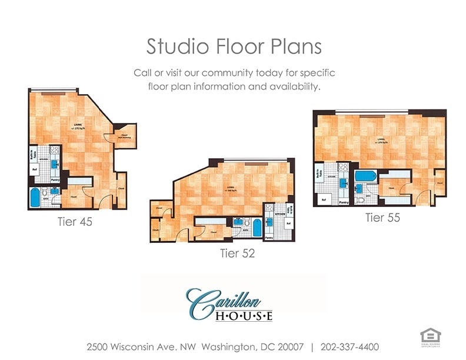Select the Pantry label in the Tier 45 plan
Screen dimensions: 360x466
tap(55, 180)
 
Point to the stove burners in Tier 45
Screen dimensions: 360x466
tap(55, 149)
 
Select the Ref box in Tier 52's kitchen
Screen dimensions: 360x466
tap(288, 224)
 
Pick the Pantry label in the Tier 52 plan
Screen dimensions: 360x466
tap(269, 238)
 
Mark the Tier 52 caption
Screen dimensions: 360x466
tap(238, 254)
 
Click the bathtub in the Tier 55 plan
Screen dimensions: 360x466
tap(365, 176)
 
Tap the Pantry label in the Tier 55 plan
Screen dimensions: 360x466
tap(344, 202)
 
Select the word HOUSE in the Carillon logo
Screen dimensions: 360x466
tap(244, 316)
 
